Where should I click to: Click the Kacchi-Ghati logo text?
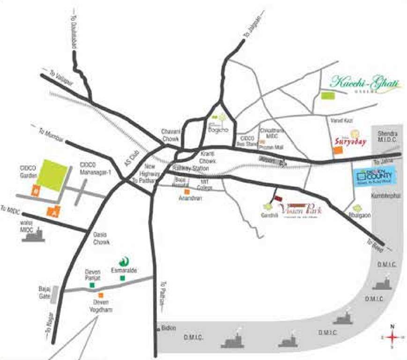coord(366,83)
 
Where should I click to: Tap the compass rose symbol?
coord(392,337)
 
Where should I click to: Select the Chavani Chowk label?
coord(170,135)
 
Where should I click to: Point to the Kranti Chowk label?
coord(207,157)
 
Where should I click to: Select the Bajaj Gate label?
coord(44,293)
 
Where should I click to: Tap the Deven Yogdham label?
coord(101,306)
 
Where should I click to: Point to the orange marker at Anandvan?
coord(186,192)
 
